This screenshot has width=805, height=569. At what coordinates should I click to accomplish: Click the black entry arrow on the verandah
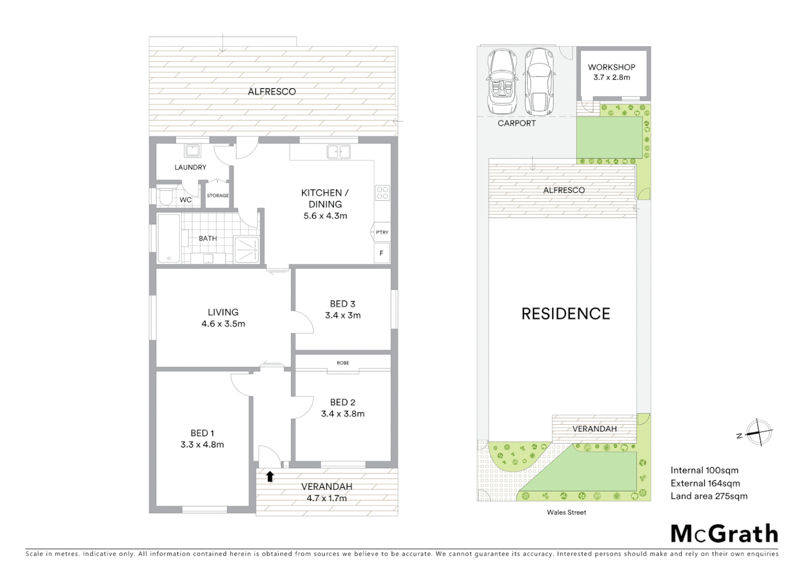(x=270, y=476)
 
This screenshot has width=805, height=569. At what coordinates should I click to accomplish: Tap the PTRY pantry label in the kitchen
(x=382, y=232)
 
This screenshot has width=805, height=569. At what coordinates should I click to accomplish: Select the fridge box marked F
(x=381, y=253)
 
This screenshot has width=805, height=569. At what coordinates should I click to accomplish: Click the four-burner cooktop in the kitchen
(x=382, y=193)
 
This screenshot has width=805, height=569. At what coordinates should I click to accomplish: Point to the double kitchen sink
(x=338, y=152)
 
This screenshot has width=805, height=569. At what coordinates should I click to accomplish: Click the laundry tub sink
(x=192, y=151)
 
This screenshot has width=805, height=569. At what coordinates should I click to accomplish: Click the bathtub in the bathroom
(x=169, y=238)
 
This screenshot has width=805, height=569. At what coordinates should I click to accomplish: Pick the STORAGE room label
(x=218, y=195)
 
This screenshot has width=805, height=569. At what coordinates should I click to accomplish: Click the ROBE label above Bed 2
(x=343, y=363)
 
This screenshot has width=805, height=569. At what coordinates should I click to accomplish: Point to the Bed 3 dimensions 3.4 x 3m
(x=343, y=316)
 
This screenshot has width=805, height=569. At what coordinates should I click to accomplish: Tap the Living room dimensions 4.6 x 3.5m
(x=223, y=324)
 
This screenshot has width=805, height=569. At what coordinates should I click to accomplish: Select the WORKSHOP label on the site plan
(x=611, y=67)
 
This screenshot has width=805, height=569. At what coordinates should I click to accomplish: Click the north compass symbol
(x=758, y=433)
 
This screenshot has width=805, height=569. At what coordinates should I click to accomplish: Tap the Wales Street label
(x=566, y=512)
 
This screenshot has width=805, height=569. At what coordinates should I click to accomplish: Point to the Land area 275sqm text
(x=709, y=496)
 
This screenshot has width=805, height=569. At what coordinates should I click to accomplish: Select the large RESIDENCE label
(x=566, y=314)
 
